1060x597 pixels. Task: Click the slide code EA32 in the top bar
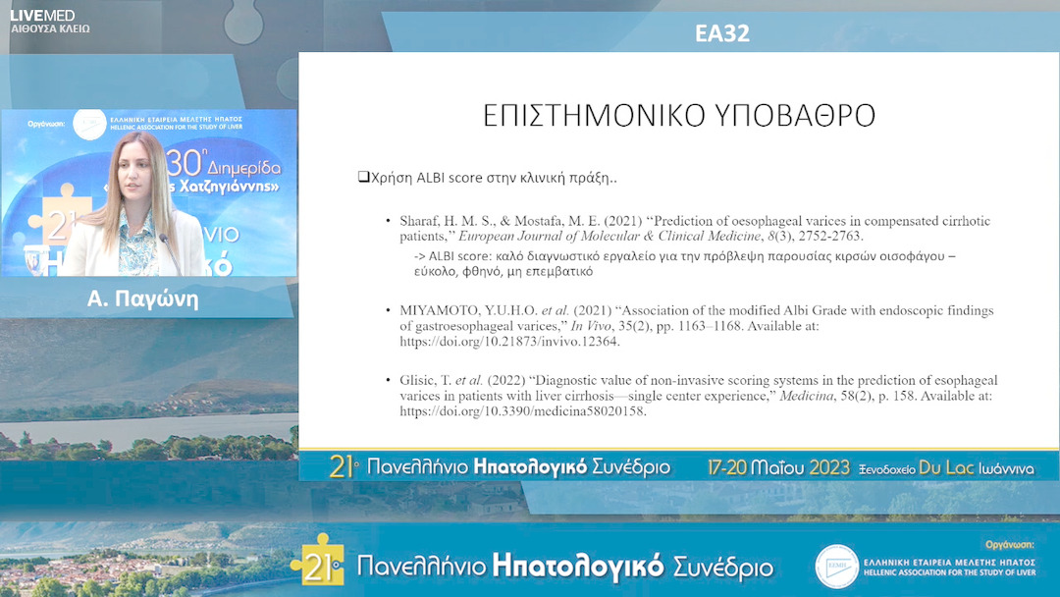722,33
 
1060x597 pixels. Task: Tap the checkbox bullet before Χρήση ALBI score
362,178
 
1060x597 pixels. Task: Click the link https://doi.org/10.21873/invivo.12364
509,343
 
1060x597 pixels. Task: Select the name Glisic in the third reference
419,380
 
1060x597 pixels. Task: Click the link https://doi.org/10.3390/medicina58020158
523,411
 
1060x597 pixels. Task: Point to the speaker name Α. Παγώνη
143,299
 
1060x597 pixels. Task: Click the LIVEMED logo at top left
42,15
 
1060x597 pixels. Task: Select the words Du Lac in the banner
945,467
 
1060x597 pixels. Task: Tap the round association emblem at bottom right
836,567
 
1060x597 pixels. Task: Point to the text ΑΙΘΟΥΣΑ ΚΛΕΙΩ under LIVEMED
49,29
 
